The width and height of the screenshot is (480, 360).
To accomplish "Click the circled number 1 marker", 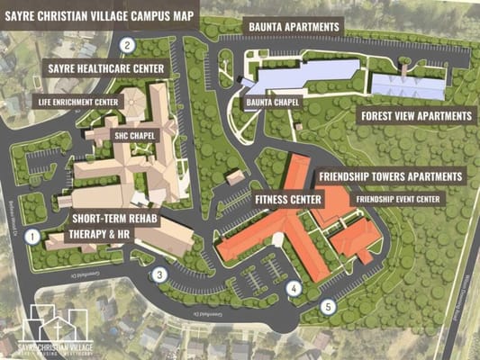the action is tap(32, 238).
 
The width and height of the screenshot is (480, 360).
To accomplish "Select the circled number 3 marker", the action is tap(159, 275).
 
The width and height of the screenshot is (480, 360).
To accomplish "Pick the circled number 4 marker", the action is tap(293, 289).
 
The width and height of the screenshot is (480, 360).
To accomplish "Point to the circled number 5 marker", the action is tap(329, 306).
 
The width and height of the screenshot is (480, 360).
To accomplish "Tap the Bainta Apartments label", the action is tap(281, 28).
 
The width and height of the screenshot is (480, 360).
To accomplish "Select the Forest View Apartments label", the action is tap(416, 116).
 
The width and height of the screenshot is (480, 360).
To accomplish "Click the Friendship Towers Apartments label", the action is tap(390, 176).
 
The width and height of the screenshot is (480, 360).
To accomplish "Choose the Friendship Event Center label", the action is tap(398, 199).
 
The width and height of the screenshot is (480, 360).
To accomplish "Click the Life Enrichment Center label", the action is tap(78, 102).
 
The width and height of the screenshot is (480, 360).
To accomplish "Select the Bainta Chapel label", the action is tap(272, 103).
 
